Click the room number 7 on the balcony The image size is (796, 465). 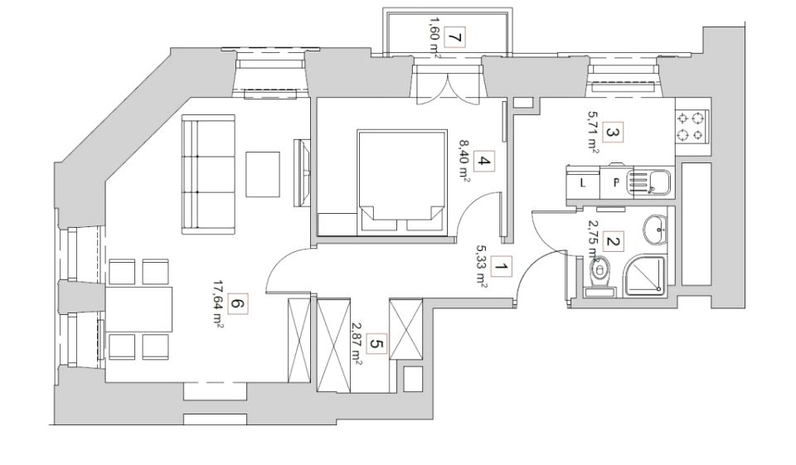tap(455, 37)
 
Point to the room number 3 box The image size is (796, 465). tap(613, 133)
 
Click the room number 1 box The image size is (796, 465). tap(502, 267)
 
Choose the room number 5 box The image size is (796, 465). tap(376, 344)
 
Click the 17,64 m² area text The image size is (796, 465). tap(218, 304)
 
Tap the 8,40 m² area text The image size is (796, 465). tap(464, 162)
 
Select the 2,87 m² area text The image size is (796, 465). tap(357, 344)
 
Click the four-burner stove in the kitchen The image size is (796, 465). tap(691, 127)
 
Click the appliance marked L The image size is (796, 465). tap(583, 182)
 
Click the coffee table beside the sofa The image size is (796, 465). tap(263, 174)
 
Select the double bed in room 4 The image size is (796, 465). tap(402, 182)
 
